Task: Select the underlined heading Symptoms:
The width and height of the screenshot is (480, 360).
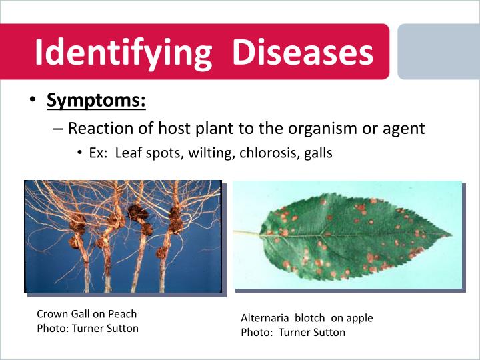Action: pos(96,101)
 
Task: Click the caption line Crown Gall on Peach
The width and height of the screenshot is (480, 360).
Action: pos(87,313)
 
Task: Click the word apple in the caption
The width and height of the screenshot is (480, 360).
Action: pos(359,318)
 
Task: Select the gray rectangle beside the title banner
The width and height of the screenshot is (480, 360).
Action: pos(438,52)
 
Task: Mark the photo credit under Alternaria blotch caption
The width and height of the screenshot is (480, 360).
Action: pos(293,332)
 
